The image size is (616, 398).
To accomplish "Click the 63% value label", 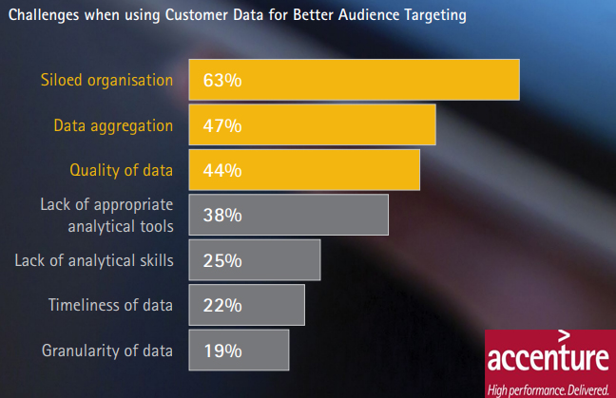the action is [x=222, y=80].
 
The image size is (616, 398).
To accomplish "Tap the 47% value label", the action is [x=222, y=125].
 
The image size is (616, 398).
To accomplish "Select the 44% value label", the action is [x=222, y=170].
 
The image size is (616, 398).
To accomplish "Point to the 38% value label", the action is [x=222, y=215].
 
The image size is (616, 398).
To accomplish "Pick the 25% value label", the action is [x=222, y=260].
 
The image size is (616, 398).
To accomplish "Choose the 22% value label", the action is [x=222, y=305].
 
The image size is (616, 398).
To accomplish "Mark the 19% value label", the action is [x=222, y=351].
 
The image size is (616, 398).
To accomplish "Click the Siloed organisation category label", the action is [x=106, y=80].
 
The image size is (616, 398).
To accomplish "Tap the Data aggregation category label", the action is [x=113, y=126].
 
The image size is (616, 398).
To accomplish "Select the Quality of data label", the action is [x=121, y=171].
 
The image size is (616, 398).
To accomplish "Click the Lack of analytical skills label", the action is [x=94, y=260].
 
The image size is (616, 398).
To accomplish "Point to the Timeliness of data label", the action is [x=110, y=305].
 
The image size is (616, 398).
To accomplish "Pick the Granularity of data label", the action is [x=107, y=351].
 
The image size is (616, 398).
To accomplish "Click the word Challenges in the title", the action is [x=45, y=15].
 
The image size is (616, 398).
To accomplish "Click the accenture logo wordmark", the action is [x=549, y=357].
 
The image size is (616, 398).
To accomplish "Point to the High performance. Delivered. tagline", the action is [x=549, y=390].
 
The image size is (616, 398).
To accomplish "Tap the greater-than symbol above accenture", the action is [x=564, y=335].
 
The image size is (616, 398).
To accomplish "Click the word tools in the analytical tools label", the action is [x=157, y=226].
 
